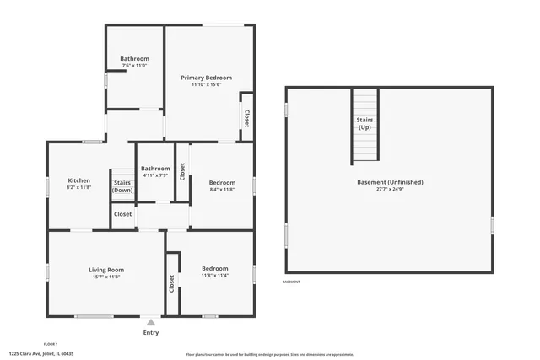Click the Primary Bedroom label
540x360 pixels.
point(206,78)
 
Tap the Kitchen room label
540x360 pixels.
point(78,180)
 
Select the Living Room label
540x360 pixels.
point(106,270)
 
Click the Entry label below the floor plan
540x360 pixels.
point(151,333)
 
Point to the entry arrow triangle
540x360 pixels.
point(151,322)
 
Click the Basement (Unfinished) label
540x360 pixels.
point(389,182)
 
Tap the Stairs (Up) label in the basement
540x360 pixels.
point(364,123)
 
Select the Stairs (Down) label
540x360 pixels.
point(122,186)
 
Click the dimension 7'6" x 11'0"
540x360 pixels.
point(134,66)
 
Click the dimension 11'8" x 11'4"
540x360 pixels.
point(215,276)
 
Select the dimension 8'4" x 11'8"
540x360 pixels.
point(222,190)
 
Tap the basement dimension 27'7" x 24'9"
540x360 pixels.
point(389,190)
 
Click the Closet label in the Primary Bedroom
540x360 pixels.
point(246,118)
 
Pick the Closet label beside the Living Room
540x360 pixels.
point(172,284)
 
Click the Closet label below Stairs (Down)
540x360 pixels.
point(122,215)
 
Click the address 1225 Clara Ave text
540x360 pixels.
point(40,354)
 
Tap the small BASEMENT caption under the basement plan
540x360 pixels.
point(290,282)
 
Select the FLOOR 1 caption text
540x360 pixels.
point(50,344)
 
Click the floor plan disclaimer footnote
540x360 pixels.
point(269,355)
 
